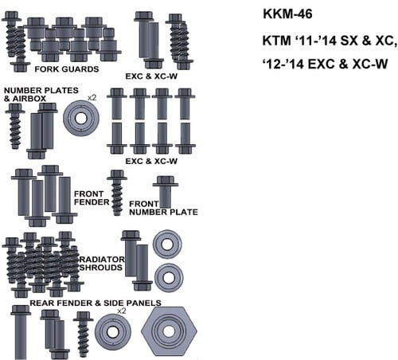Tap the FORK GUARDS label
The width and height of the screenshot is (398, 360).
[72, 69]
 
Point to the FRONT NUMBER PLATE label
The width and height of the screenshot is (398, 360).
[163, 207]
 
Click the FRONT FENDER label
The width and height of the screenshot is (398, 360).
[91, 198]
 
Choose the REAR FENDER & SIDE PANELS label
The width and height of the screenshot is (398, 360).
[96, 303]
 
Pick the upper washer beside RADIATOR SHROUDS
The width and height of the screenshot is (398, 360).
[168, 244]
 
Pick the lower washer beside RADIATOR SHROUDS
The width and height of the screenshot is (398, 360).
[168, 277]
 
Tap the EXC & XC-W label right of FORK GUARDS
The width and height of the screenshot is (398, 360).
[150, 76]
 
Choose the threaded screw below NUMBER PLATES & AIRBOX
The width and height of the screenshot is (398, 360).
[16, 126]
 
